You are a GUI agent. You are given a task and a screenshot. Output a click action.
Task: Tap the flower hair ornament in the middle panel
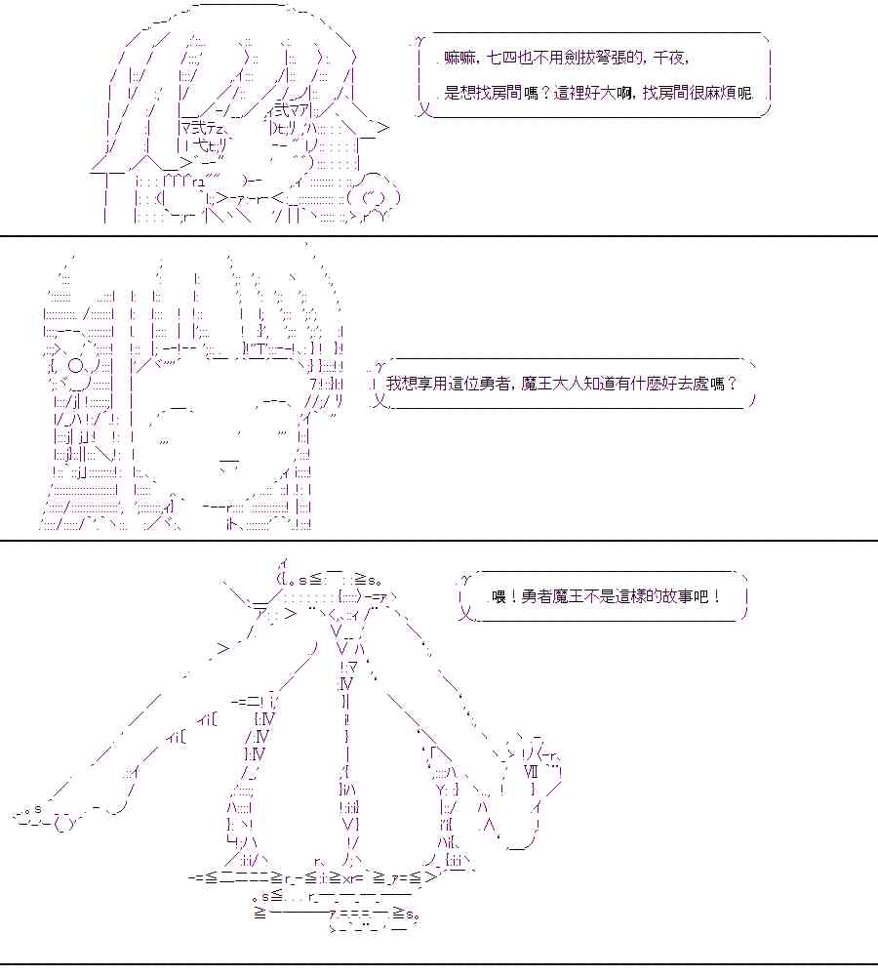75,366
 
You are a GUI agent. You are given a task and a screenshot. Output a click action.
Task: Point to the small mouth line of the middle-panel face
229,458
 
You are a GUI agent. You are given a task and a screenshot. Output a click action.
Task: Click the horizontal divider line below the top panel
439,236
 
